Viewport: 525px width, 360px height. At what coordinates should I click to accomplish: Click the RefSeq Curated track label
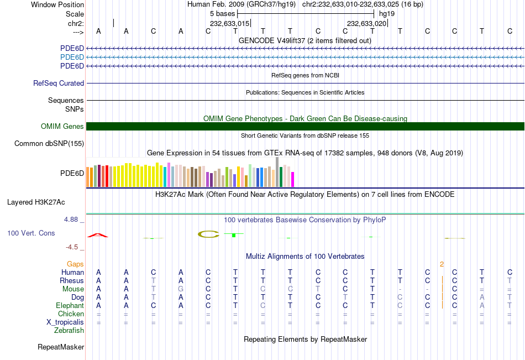pyautogui.click(x=59, y=84)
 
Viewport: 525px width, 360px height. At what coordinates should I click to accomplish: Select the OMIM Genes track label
pyautogui.click(x=62, y=127)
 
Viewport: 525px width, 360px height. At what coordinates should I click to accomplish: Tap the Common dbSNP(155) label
pyautogui.click(x=49, y=144)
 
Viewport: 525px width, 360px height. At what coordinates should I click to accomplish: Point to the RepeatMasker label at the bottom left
pyautogui.click(x=61, y=347)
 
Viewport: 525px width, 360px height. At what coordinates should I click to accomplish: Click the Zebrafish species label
pyautogui.click(x=69, y=331)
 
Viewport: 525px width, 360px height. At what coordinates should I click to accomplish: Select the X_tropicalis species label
pyautogui.click(x=65, y=322)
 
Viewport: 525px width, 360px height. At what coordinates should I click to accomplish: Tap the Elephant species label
pyautogui.click(x=70, y=306)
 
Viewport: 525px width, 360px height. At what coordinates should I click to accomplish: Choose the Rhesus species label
pyautogui.click(x=72, y=281)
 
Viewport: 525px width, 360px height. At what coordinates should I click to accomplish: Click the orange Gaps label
pyautogui.click(x=75, y=264)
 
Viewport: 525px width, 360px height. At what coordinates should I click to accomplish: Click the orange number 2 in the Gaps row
pyautogui.click(x=442, y=264)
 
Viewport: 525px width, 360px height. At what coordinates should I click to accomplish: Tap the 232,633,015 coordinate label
pyautogui.click(x=230, y=24)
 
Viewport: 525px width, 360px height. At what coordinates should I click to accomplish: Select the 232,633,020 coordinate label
pyautogui.click(x=366, y=24)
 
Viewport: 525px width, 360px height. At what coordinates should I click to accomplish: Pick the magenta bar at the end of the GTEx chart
pyautogui.click(x=292, y=179)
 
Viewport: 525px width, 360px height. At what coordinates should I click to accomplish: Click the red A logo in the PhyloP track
pyautogui.click(x=98, y=236)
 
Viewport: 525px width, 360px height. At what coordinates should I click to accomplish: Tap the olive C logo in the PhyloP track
pyautogui.click(x=208, y=234)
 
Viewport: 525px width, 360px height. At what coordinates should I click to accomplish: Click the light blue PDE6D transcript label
pyautogui.click(x=72, y=58)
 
